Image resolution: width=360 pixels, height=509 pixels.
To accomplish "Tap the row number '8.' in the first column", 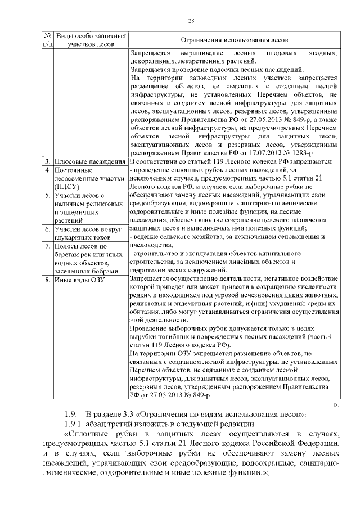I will [x=48, y=279].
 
